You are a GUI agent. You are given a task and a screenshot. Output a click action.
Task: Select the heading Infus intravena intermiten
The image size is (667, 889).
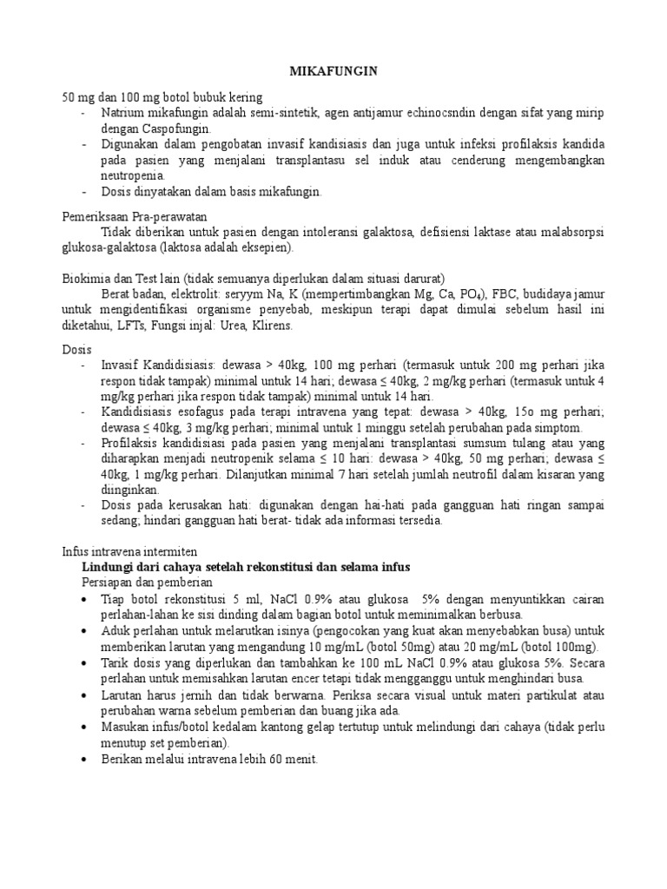129,551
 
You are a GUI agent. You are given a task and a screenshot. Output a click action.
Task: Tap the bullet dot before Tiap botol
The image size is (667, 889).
83,600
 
